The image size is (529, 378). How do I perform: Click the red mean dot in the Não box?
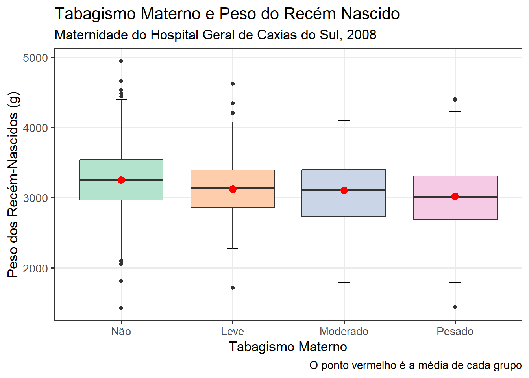[x=121, y=180]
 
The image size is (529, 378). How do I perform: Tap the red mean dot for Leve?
[x=233, y=189]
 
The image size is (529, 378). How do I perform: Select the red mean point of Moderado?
[x=344, y=190]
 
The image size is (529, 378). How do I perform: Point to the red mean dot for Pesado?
[x=455, y=196]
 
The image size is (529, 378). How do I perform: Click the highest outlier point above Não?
[x=121, y=61]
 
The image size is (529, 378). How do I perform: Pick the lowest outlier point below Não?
[x=121, y=308]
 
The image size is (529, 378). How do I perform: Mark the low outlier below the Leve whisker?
[x=233, y=288]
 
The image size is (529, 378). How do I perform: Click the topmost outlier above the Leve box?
[x=233, y=84]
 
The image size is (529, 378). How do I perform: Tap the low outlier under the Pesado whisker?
[x=455, y=307]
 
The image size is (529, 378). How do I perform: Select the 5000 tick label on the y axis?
[x=35, y=58]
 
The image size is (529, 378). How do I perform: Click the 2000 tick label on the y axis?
[x=35, y=268]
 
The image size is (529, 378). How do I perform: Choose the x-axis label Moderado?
[x=344, y=332]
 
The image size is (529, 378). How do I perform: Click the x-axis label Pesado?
[x=455, y=332]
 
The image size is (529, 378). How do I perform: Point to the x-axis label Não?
[x=121, y=332]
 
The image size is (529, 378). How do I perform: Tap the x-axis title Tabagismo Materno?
[x=288, y=347]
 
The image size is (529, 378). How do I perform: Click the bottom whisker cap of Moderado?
[x=344, y=283]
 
